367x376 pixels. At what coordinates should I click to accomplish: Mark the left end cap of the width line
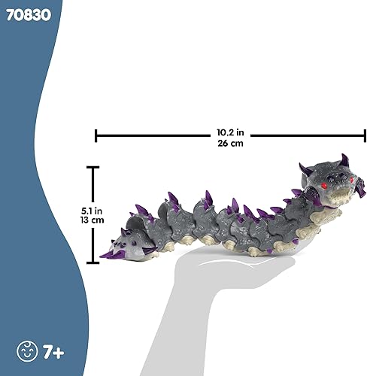tap(96, 135)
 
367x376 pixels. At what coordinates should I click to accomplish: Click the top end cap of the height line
tap(93, 168)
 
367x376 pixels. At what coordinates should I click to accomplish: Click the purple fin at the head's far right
tap(363, 183)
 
